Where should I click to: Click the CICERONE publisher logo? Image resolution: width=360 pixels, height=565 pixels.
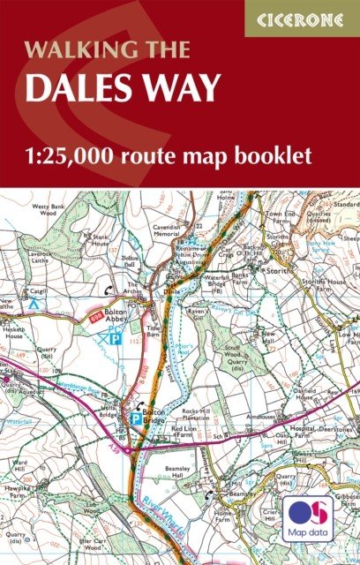302,17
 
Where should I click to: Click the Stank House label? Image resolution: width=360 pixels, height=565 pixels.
100,241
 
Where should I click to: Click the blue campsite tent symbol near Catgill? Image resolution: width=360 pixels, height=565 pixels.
32,303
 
